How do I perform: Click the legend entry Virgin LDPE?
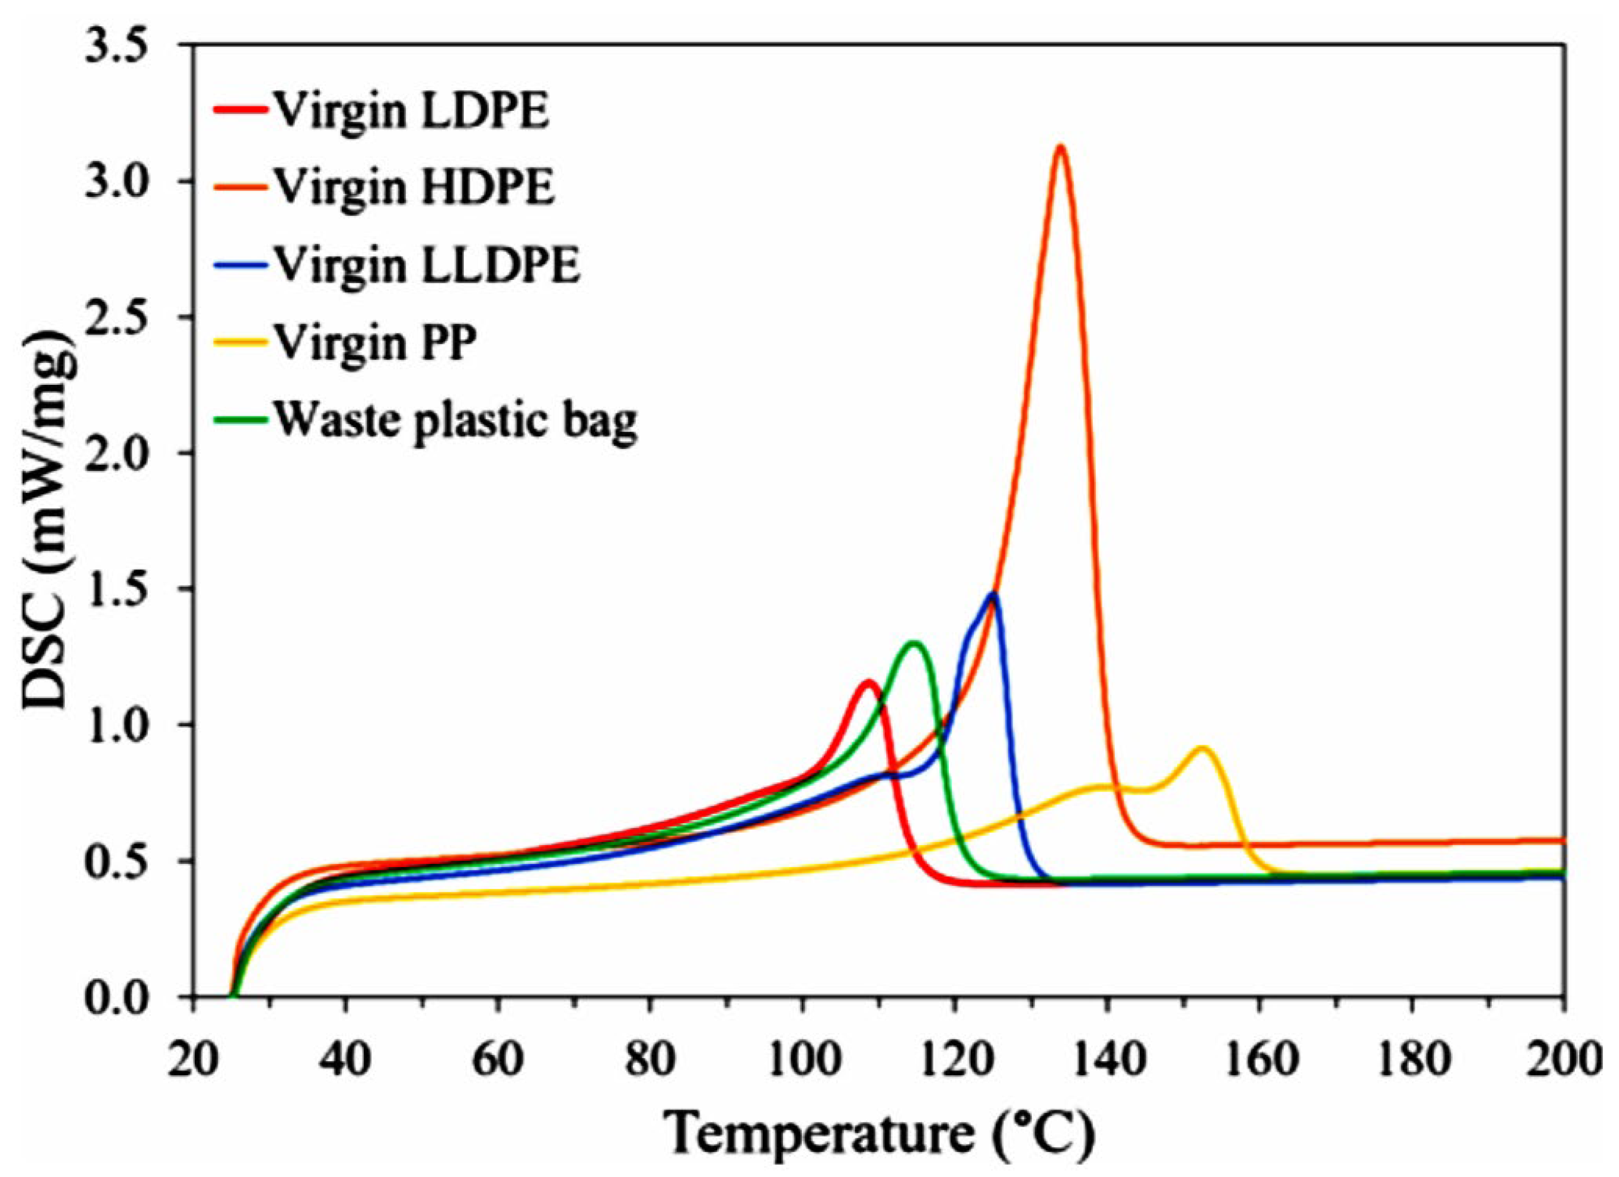(412, 112)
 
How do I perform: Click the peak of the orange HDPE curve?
(1061, 147)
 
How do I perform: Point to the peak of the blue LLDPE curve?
(992, 594)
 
